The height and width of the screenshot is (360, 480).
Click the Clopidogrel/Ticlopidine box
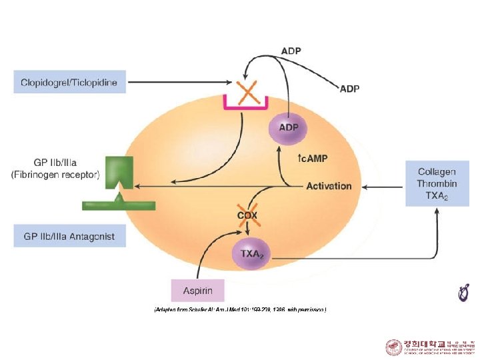coord(69,83)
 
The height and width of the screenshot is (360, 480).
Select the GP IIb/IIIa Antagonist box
coord(69,236)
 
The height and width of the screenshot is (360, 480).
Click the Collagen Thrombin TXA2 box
coord(437,183)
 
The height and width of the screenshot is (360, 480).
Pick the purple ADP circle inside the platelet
coord(288,127)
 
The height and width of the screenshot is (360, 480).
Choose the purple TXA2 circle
coord(251,254)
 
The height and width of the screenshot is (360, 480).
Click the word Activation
coord(329,186)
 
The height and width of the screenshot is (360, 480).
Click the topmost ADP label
coord(291,51)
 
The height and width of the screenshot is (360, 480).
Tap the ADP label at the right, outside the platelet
coord(349,89)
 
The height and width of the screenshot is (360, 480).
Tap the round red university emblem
coord(393,347)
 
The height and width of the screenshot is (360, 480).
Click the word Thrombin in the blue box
coord(437,183)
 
